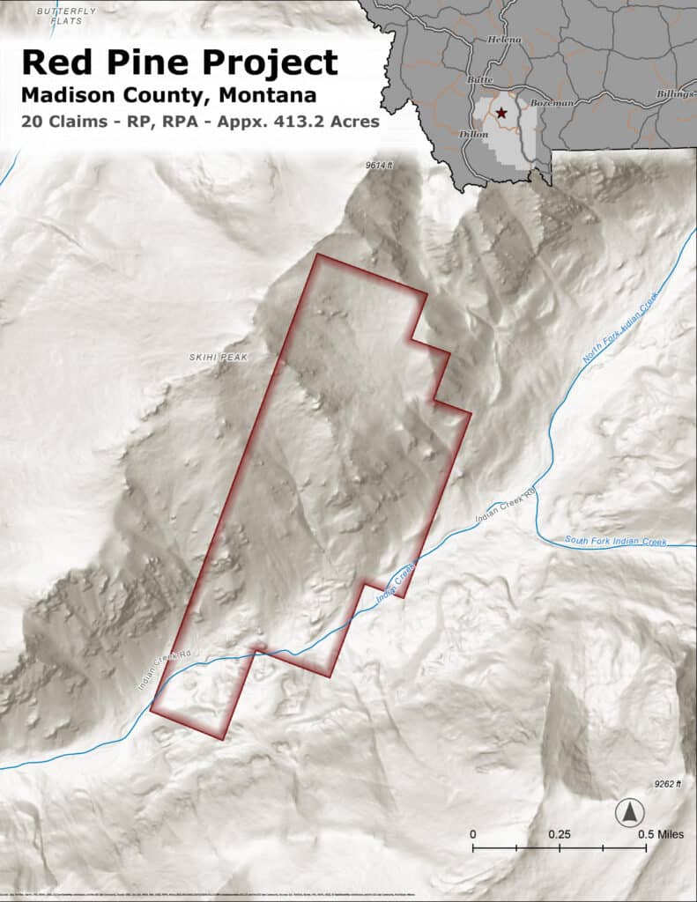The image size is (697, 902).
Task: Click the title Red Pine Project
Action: [x=179, y=62]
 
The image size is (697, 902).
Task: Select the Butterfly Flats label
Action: [x=64, y=15]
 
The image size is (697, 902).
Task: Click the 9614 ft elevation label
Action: [x=381, y=165]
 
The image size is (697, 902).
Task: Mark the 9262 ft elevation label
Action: [x=668, y=783]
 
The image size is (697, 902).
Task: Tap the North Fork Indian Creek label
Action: [x=620, y=331]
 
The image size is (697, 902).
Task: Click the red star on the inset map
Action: [x=501, y=113]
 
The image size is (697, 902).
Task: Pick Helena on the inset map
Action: [x=504, y=40]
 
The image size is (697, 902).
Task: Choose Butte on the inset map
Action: [x=480, y=79]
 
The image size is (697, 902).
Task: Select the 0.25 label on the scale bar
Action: [x=559, y=834]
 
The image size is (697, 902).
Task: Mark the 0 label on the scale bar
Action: [x=473, y=834]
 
